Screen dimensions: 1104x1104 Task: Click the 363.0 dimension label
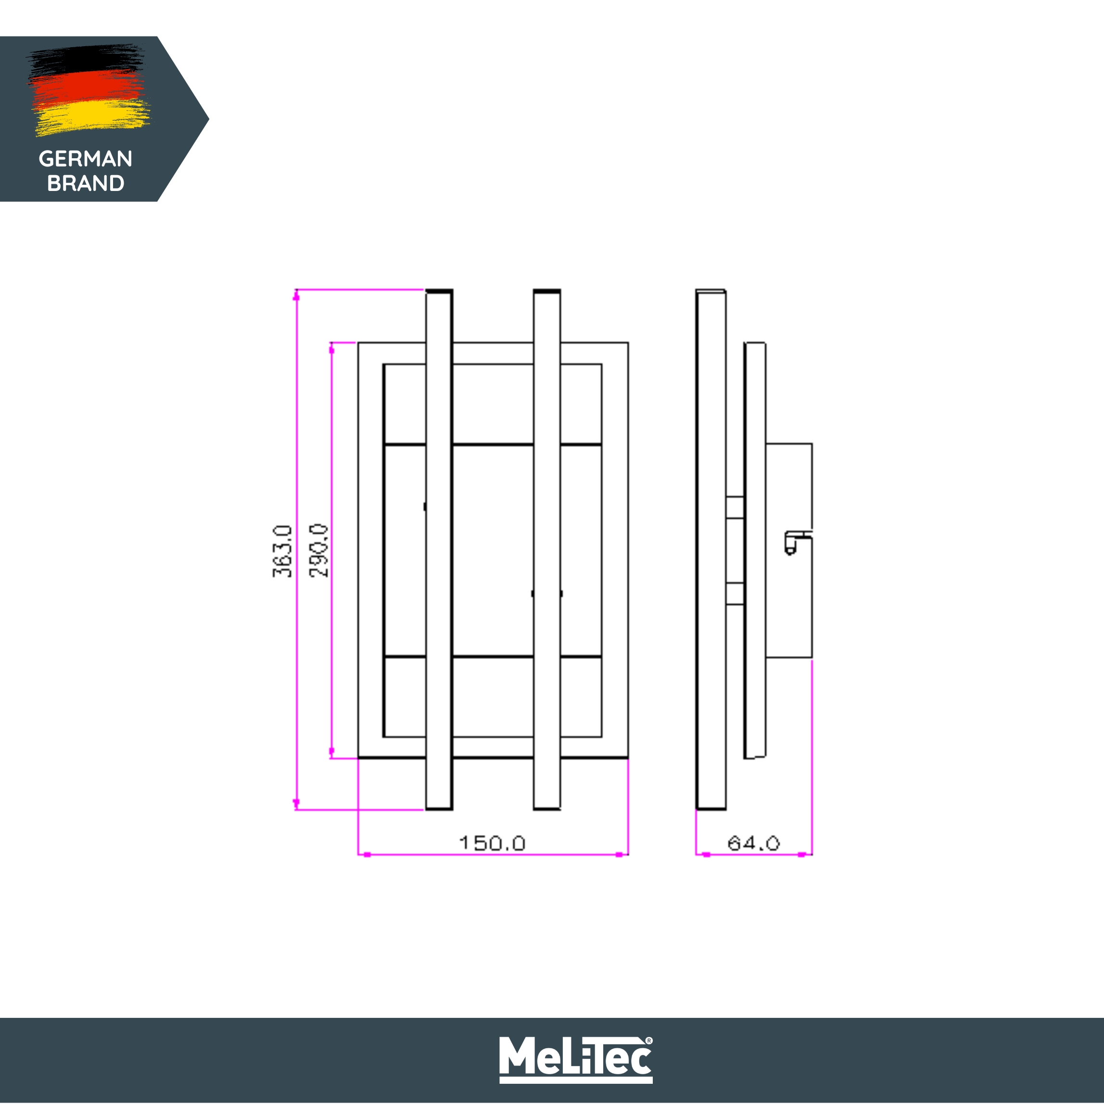tap(282, 551)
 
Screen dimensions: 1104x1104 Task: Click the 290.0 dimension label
tap(319, 551)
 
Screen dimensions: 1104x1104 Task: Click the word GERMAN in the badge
tap(86, 159)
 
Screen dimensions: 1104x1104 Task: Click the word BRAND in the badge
tap(86, 183)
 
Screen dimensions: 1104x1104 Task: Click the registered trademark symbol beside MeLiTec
tap(648, 1041)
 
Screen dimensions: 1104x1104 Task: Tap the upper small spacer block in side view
tap(735, 508)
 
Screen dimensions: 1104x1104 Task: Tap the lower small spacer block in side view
tap(735, 593)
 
